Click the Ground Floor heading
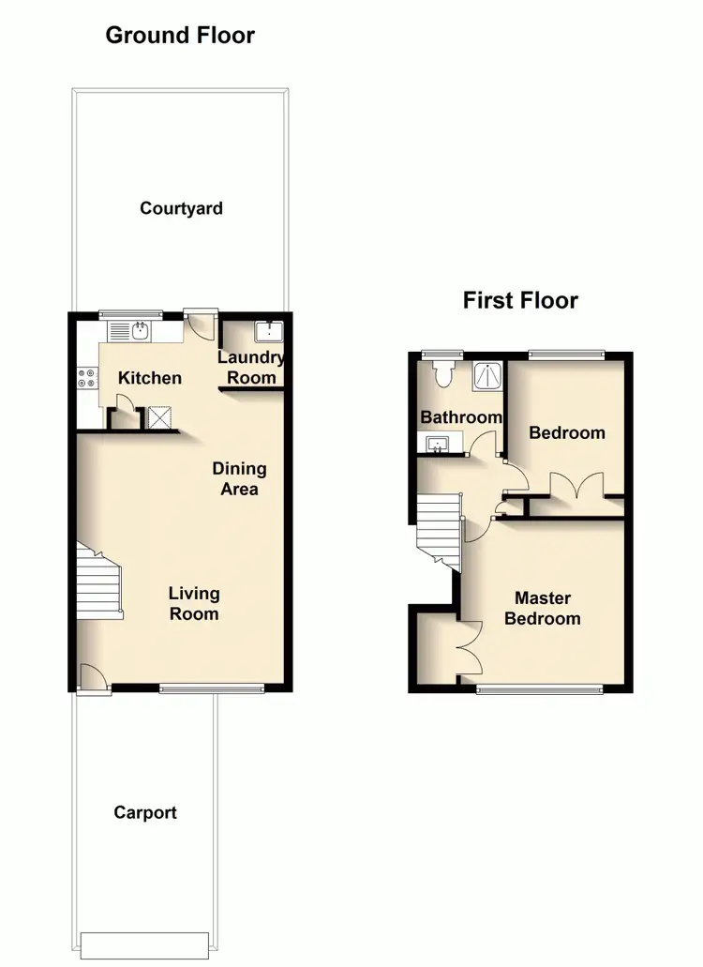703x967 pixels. coord(180,36)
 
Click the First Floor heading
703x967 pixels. coord(520,300)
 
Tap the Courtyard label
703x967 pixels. coord(181,208)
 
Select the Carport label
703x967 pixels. coord(145,813)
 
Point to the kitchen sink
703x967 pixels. coord(137,330)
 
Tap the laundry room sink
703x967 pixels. coord(268,331)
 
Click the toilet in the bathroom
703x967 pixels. coord(445,373)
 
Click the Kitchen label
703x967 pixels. coord(150,378)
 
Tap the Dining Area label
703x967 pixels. coord(239,478)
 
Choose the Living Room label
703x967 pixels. coord(194,603)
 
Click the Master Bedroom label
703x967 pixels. coord(542,608)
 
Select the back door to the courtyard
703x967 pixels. coord(201,325)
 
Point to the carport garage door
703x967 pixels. coord(144,943)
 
